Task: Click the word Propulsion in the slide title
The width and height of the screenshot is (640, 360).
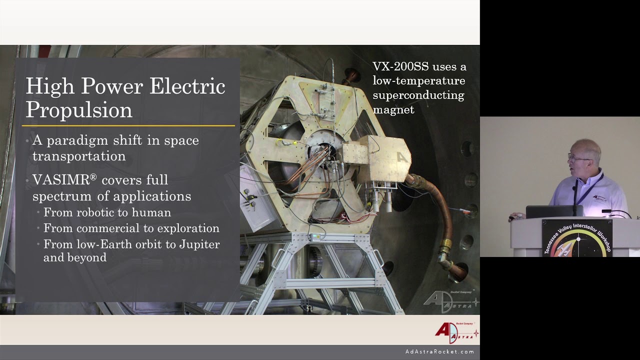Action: [78, 109]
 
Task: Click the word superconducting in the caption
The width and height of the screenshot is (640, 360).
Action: [418, 95]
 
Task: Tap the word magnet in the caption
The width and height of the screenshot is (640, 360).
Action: [393, 109]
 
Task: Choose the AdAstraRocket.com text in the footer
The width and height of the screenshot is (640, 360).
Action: [439, 352]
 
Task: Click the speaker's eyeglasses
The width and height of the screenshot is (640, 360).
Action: [578, 157]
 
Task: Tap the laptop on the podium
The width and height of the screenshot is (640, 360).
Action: [554, 211]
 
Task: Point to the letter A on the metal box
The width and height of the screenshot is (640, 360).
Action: [401, 157]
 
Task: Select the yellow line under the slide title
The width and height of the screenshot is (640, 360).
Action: [129, 125]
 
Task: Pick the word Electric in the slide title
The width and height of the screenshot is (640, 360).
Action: [187, 86]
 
